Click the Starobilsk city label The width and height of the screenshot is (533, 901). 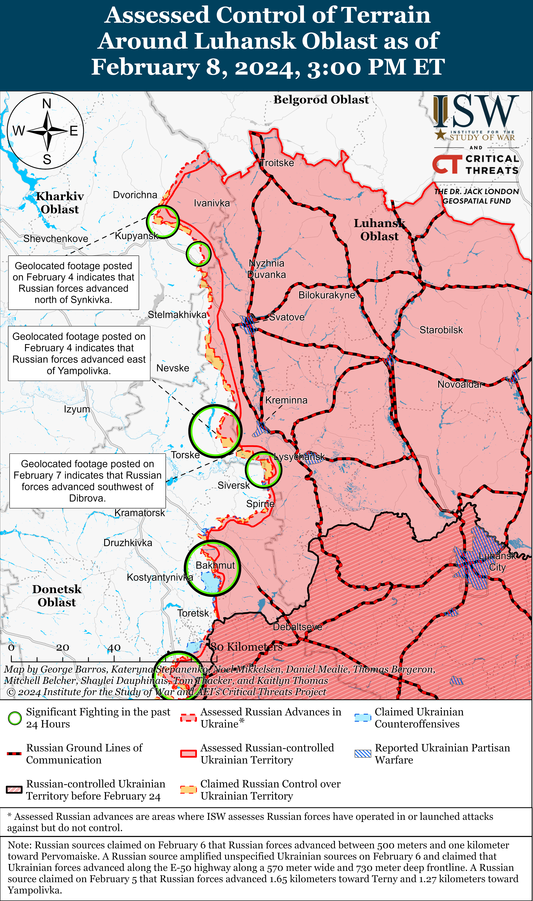pos(441,330)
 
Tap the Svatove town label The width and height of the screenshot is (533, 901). pos(287,317)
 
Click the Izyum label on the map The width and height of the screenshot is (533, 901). pos(77,409)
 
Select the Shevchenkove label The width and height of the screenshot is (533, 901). pos(56,239)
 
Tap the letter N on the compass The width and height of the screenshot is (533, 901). pos(47,104)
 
